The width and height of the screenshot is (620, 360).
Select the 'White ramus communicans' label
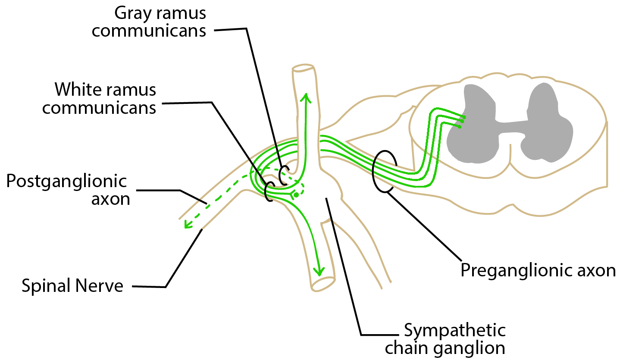(x=99, y=99)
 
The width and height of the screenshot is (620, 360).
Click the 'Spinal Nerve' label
(x=72, y=286)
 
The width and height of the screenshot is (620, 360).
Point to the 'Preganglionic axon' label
(x=538, y=270)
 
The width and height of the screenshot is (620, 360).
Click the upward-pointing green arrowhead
(x=306, y=97)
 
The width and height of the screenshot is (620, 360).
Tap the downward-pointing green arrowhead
(x=318, y=271)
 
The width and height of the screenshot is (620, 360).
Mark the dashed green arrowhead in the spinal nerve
(x=187, y=225)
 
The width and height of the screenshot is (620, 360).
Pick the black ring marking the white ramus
(x=269, y=191)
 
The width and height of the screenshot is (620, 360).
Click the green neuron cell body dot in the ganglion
(x=296, y=195)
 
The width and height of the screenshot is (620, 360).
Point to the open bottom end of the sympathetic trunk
(x=323, y=284)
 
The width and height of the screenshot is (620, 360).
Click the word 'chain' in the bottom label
(x=405, y=347)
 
